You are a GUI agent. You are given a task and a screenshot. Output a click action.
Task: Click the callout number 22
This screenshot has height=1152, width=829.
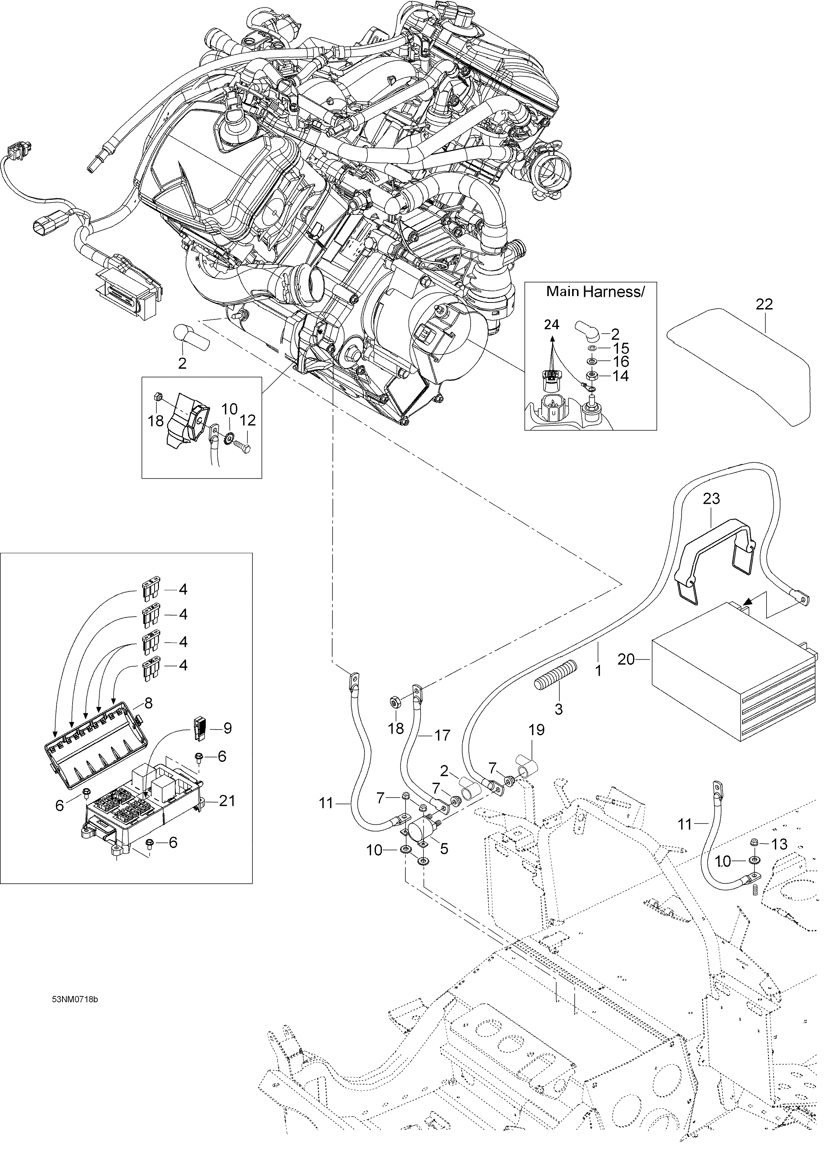[x=764, y=304]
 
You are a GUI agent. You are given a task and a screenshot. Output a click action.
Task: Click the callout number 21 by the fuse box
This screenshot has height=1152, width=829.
[x=226, y=801]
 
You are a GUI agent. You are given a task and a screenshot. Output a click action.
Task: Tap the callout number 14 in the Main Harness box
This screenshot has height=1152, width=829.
[x=620, y=376]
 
